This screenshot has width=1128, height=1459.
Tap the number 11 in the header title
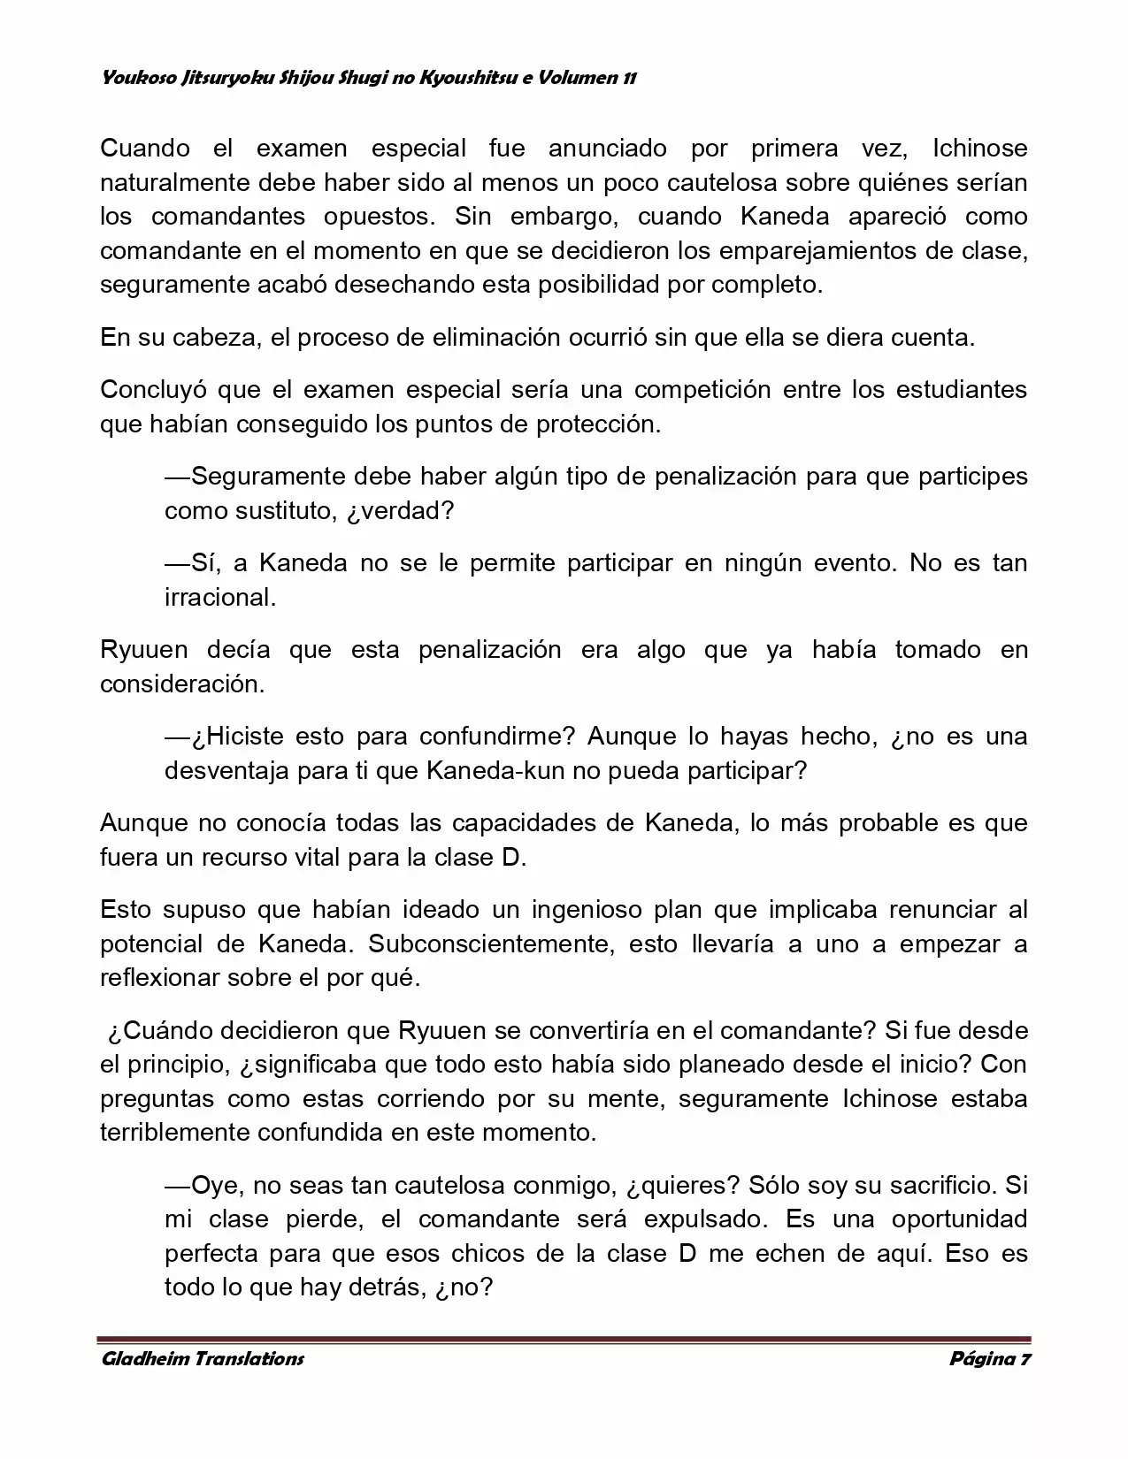click(629, 78)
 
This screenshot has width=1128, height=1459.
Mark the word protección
click(598, 424)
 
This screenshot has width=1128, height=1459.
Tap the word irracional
click(220, 598)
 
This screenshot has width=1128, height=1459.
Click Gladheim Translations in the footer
click(203, 1359)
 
